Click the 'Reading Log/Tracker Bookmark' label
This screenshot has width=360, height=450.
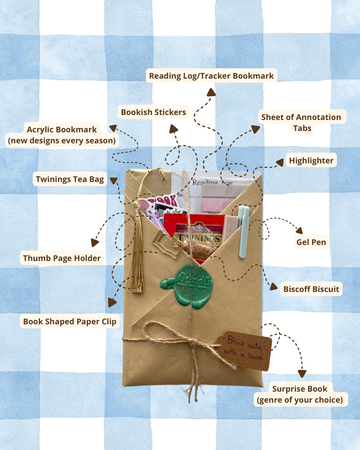(211, 76)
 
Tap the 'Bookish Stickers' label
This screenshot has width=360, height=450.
(153, 112)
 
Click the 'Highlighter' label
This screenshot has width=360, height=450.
(311, 161)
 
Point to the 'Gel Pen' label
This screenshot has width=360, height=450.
(311, 242)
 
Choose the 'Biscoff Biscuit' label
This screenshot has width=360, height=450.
(311, 289)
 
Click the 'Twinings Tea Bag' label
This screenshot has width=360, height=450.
(70, 179)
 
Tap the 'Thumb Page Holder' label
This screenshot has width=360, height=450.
(62, 258)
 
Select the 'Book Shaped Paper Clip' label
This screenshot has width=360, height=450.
(70, 322)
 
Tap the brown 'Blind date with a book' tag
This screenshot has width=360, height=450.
(245, 350)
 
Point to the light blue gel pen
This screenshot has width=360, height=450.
(244, 230)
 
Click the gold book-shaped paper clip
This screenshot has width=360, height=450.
(167, 243)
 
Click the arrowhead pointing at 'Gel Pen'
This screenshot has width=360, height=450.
(300, 230)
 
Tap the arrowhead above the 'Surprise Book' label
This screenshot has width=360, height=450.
(302, 374)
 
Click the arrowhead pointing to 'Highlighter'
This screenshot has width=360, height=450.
(280, 162)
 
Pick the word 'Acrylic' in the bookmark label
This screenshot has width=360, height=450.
(40, 130)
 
